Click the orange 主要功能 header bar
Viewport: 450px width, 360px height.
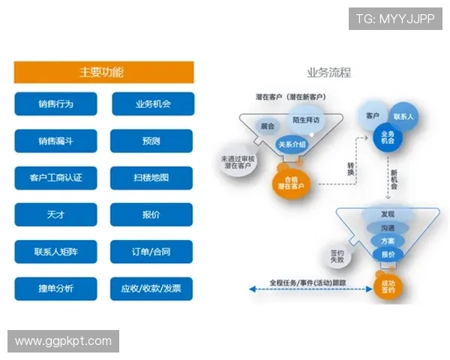pyautogui.click(x=103, y=72)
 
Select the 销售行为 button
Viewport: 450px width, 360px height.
pyautogui.click(x=55, y=103)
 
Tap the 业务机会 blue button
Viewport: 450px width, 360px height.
pyautogui.click(x=152, y=103)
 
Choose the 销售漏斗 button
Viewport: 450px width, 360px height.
pyautogui.click(x=55, y=141)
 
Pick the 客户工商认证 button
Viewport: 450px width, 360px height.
pyautogui.click(x=55, y=178)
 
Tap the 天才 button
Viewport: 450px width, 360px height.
pyautogui.click(x=55, y=214)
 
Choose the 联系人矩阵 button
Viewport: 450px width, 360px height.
pyautogui.click(x=55, y=252)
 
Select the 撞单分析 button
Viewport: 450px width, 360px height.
pyautogui.click(x=55, y=289)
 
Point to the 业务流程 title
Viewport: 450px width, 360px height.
pyautogui.click(x=328, y=73)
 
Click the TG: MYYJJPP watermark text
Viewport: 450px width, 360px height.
pyautogui.click(x=395, y=17)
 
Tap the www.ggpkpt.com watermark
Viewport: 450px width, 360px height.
pyautogui.click(x=63, y=341)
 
